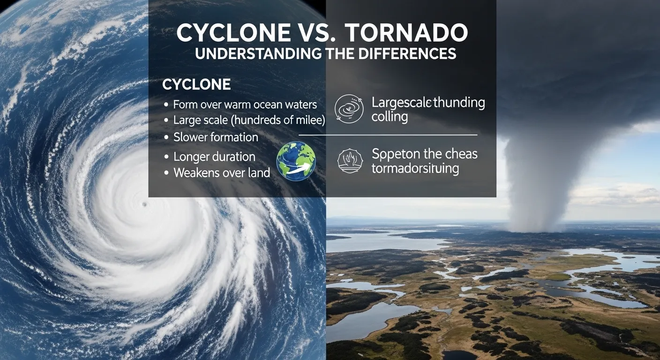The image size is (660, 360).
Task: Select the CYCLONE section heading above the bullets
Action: (x=196, y=85)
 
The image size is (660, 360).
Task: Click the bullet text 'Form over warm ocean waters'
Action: (x=245, y=105)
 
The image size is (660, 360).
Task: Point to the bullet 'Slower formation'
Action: (x=216, y=137)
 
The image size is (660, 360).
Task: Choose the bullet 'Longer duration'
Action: (x=214, y=157)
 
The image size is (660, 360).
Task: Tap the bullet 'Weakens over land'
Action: (x=222, y=172)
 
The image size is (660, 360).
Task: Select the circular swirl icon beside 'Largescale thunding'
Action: (x=349, y=110)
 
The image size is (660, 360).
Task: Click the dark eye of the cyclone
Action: (x=144, y=204)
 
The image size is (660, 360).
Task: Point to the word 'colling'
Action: (x=389, y=117)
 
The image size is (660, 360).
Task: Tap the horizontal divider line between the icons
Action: (x=388, y=135)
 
